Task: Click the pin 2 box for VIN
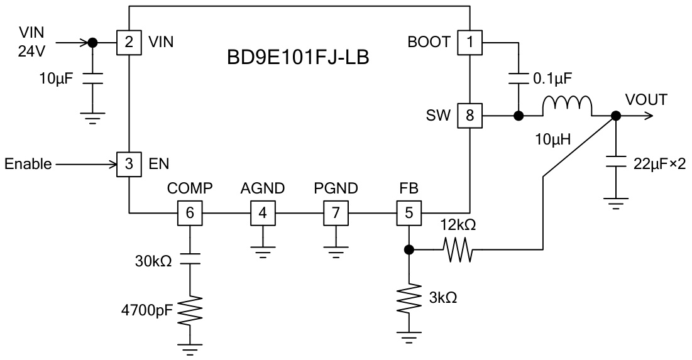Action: pyautogui.click(x=128, y=43)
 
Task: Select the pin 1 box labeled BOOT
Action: pyautogui.click(x=470, y=43)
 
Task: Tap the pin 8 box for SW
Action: pyautogui.click(x=470, y=116)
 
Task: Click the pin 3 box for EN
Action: pyautogui.click(x=128, y=165)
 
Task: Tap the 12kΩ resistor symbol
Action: pyautogui.click(x=458, y=249)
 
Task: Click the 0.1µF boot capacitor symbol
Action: pyautogui.click(x=519, y=80)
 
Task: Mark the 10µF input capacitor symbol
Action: pyautogui.click(x=92, y=79)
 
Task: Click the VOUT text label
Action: pyautogui.click(x=645, y=100)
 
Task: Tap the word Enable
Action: pyautogui.click(x=28, y=165)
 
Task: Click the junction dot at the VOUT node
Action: pyautogui.click(x=616, y=116)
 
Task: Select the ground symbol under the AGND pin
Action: pyautogui.click(x=263, y=251)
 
